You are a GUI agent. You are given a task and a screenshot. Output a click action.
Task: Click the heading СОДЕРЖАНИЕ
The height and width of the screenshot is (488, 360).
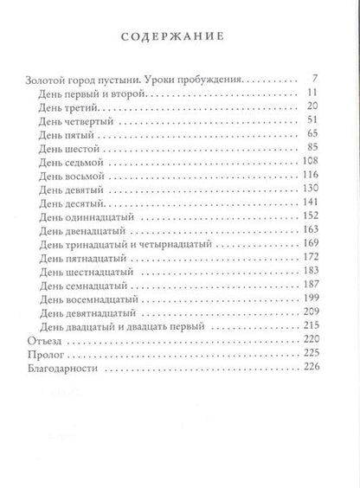(179, 37)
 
